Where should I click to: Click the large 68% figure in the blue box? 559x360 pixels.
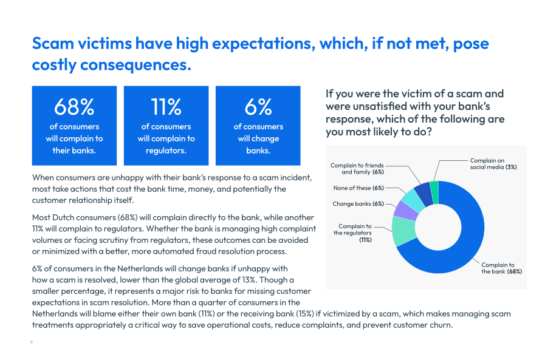[74, 107]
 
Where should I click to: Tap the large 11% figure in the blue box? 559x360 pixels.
[166, 107]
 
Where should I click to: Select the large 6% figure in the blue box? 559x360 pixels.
[258, 107]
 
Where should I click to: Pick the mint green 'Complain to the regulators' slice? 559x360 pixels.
[404, 231]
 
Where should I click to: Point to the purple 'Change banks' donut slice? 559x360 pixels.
[406, 211]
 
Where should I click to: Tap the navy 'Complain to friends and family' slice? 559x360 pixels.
[424, 193]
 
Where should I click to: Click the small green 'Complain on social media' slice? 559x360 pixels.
[434, 192]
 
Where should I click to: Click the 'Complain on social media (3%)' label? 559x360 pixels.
[493, 164]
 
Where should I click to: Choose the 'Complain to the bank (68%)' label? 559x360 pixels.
[502, 268]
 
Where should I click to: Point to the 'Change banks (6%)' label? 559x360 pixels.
[358, 204]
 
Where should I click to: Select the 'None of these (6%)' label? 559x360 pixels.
[358, 188]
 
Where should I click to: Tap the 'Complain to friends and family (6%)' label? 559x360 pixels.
[357, 169]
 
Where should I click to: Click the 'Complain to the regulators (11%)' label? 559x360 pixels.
[352, 233]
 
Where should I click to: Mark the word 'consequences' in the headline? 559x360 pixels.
[135, 65]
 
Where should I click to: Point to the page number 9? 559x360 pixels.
[32, 342]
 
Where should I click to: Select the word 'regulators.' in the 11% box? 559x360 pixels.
[166, 151]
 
